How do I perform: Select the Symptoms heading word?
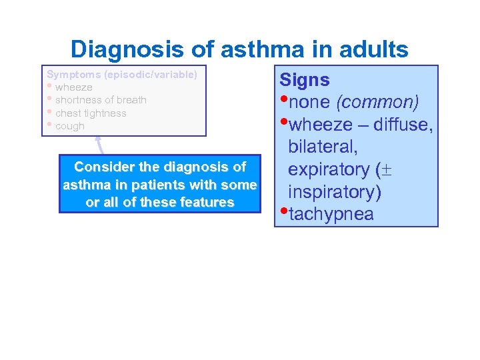71,74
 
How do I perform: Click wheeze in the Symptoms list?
74,87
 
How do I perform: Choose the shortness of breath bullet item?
101,100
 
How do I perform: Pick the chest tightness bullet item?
91,113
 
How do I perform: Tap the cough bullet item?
70,126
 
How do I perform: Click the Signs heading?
305,81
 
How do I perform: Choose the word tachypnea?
331,214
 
